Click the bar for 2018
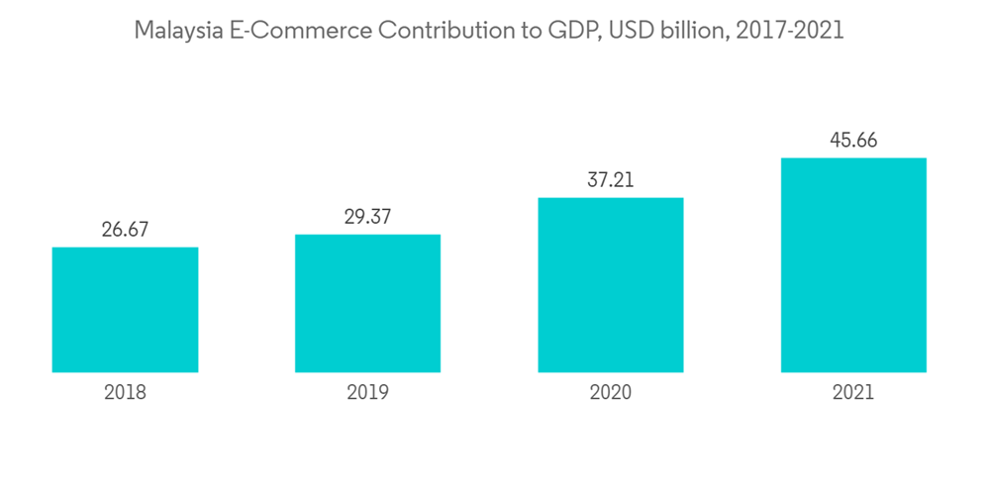[x=125, y=310]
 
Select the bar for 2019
[x=367, y=304]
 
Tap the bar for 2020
[x=610, y=285]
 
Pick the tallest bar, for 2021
[x=853, y=265]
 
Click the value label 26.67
[x=125, y=230]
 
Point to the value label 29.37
[x=367, y=217]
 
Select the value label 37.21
[x=610, y=180]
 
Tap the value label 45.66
[x=853, y=141]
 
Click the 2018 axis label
[x=125, y=392]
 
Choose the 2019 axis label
[x=367, y=392]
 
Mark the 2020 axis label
[x=610, y=392]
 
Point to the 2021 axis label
[x=853, y=392]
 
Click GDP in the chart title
[x=565, y=31]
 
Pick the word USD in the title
[x=632, y=31]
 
